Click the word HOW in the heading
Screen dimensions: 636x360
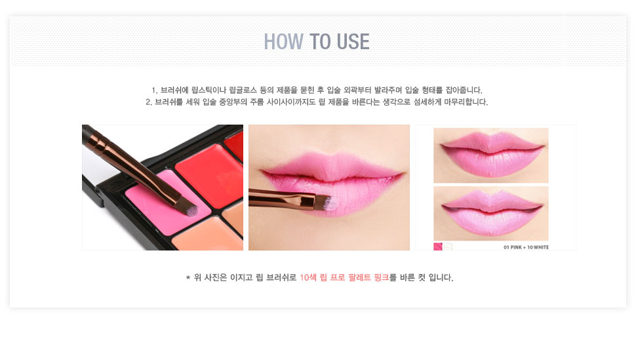[x=283, y=41]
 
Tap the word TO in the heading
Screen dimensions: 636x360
[x=321, y=41]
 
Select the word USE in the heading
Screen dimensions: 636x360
[x=353, y=41]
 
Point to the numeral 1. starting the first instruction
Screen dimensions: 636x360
[x=154, y=90]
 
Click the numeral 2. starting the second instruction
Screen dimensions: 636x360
[x=148, y=102]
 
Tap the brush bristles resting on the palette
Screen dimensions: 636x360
[x=189, y=207]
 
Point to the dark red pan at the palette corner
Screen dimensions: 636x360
[x=235, y=147]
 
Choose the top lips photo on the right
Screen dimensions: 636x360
[x=491, y=155]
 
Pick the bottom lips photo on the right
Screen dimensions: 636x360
[x=491, y=214]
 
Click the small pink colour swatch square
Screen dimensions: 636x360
[x=438, y=247]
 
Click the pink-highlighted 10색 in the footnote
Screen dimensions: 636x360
[x=308, y=277]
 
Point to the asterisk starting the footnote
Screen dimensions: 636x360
[x=188, y=278]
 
